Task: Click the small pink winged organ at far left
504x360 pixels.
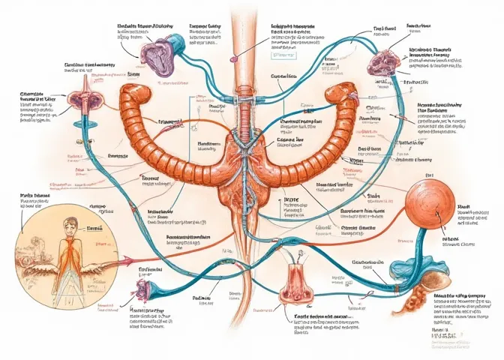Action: [x=80, y=98]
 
